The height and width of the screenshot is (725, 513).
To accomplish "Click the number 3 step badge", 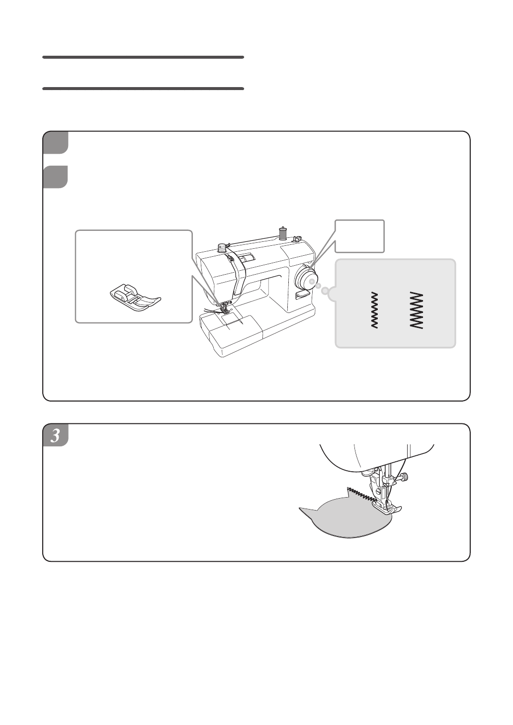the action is click(56, 435).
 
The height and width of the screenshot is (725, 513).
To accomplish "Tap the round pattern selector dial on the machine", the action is click(306, 277).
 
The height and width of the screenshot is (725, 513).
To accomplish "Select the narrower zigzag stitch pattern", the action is click(374, 310).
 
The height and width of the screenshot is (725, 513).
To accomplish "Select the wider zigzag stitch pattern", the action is click(417, 310).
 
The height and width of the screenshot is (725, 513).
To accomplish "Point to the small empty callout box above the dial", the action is click(359, 236).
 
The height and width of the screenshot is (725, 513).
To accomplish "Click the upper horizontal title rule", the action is click(143, 57).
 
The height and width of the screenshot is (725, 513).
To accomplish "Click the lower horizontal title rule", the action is click(143, 89).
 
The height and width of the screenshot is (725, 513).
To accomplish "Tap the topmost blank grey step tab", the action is click(56, 143).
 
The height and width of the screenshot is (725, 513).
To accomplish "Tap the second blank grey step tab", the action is click(56, 177).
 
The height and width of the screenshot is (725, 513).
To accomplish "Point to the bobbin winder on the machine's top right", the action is click(296, 239).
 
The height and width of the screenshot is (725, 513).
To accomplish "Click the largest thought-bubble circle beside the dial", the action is click(326, 291).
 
